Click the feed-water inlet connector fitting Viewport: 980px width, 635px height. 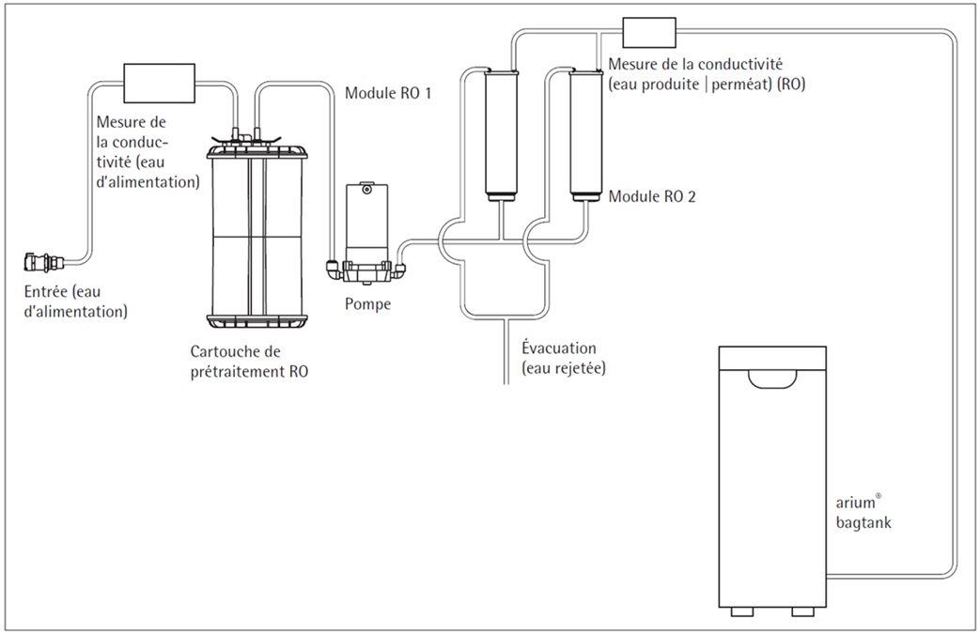coord(44,262)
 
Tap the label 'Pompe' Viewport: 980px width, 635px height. coord(367,304)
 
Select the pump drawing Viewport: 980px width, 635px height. coord(366,235)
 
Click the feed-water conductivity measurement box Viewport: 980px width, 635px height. coord(160,83)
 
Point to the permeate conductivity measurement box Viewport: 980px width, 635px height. coord(649,33)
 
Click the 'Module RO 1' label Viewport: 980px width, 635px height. coord(388,93)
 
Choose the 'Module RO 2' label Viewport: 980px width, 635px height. coord(652,196)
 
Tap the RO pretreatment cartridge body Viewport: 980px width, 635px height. coord(257,230)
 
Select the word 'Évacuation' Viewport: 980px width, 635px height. coord(559,348)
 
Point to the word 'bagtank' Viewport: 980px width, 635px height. coord(863,523)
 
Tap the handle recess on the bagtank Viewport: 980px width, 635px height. coord(772,379)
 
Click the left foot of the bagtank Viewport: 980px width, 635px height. coord(742,612)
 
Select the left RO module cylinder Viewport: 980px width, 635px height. coord(501,135)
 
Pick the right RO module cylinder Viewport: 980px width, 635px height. coord(585,135)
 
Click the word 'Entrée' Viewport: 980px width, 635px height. coord(46,291)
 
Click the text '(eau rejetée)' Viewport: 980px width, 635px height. coord(564,368)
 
